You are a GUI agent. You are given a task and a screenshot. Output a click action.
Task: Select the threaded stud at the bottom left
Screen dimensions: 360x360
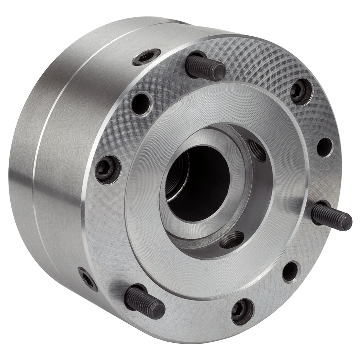144,302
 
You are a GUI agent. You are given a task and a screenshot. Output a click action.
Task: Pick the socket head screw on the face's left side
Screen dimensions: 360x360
107,169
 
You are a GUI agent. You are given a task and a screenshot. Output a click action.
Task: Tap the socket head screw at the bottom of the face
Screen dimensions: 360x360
243,311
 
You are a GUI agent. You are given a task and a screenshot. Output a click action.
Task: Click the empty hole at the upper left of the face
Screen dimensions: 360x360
141,104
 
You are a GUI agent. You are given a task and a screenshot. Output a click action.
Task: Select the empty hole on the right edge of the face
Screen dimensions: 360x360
324,147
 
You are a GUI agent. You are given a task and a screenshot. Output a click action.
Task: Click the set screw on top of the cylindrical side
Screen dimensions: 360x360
146,57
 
